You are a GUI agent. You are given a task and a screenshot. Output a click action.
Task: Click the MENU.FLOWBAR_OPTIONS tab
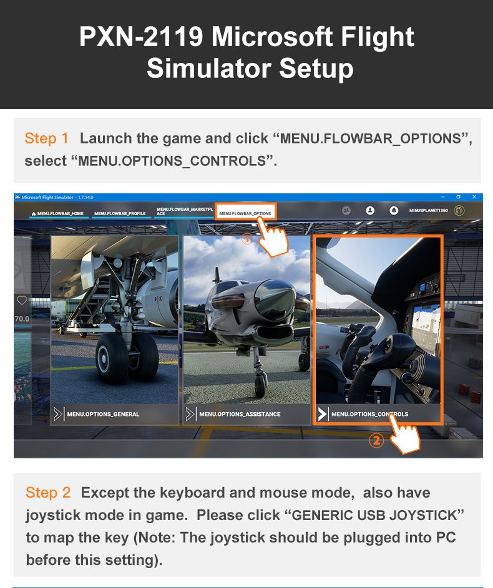(245, 213)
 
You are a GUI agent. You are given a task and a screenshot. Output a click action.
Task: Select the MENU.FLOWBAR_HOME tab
(58, 213)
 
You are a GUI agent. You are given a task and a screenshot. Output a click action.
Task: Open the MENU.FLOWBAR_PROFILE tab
(120, 213)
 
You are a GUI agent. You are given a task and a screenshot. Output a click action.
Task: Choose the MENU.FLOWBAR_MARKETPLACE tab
(183, 211)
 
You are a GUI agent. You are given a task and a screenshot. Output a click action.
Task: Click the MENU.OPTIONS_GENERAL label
(103, 414)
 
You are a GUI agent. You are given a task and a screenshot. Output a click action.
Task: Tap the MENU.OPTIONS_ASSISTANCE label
(240, 414)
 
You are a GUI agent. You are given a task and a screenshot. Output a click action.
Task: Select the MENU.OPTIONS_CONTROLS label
(369, 414)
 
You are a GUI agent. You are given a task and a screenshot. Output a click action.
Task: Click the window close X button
(474, 197)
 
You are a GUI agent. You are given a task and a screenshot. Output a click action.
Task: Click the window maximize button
(458, 197)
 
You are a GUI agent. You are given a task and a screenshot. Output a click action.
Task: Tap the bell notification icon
(394, 211)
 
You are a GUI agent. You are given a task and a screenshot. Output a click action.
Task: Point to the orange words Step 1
(47, 138)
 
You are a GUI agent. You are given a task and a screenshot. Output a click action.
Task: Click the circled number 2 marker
(376, 441)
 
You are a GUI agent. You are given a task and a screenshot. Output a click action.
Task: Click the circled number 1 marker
(247, 238)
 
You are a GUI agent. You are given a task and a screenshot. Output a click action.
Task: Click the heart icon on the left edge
(22, 301)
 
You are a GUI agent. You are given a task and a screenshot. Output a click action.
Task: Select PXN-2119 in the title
(140, 37)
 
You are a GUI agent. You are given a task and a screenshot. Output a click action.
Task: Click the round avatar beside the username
(459, 211)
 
